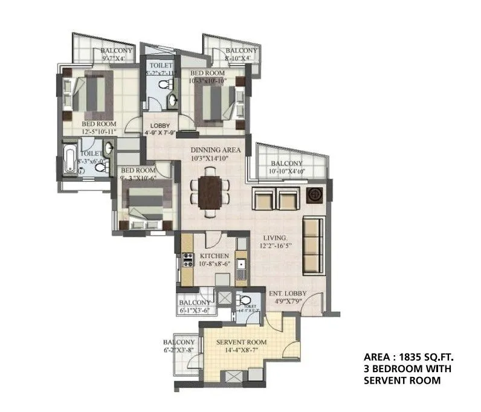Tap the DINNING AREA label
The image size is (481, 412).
tap(216, 150)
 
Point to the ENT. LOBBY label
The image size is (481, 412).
tap(287, 294)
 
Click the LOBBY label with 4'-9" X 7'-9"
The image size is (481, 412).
tap(160, 126)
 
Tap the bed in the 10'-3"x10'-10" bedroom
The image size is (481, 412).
tap(215, 103)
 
